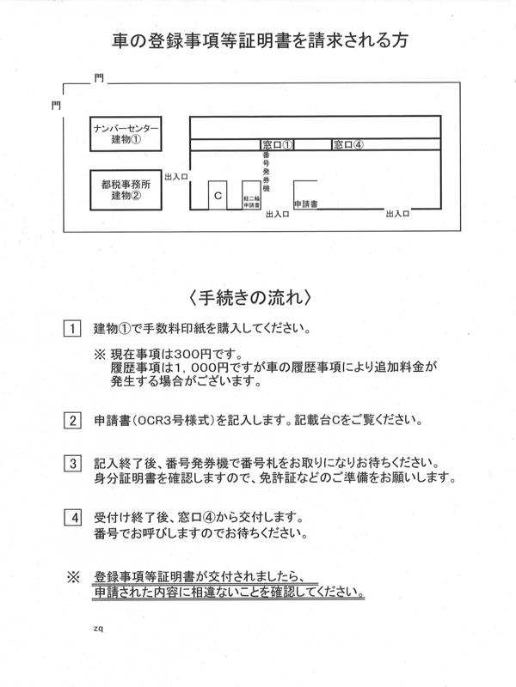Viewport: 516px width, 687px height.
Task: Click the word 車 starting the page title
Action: click(x=120, y=40)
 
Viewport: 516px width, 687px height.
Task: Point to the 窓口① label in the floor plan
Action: click(x=277, y=144)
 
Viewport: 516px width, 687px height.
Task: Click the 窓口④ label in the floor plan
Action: click(x=348, y=144)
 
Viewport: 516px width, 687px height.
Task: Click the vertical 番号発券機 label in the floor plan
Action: click(x=267, y=171)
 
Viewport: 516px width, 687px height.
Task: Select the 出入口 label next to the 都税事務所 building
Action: click(x=176, y=177)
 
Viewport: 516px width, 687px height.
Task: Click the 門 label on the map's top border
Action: click(x=99, y=78)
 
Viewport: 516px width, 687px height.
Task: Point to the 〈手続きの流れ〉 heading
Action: click(x=251, y=297)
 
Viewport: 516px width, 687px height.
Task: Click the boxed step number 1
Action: click(x=72, y=329)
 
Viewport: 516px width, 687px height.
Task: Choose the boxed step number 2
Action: click(x=72, y=421)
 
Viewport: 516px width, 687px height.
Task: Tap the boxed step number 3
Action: click(x=72, y=464)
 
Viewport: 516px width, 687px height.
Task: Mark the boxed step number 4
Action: click(x=73, y=518)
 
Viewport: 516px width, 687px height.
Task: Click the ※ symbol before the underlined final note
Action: click(x=73, y=577)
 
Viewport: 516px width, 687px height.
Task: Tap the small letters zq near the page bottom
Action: click(x=98, y=629)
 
